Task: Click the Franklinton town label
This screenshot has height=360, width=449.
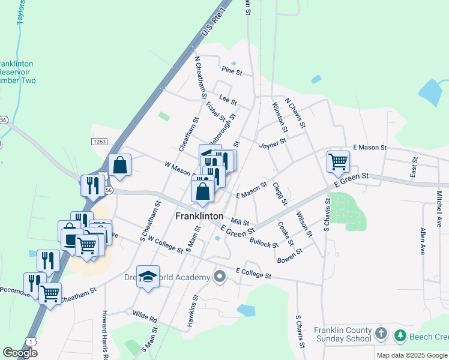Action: (199, 216)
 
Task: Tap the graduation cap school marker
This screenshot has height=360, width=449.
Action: (148, 277)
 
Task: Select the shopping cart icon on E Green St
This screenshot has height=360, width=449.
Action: (338, 161)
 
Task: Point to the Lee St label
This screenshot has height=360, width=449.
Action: (225, 98)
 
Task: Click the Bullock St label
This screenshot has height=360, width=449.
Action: (264, 241)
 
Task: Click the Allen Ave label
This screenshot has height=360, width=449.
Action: (423, 241)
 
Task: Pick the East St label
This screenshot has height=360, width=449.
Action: (414, 168)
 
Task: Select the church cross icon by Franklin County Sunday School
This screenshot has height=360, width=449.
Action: (380, 333)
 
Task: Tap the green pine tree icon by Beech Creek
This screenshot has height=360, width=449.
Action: (400, 336)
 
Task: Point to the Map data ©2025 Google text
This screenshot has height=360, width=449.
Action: (411, 355)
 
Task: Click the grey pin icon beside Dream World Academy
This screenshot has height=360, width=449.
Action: (220, 277)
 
